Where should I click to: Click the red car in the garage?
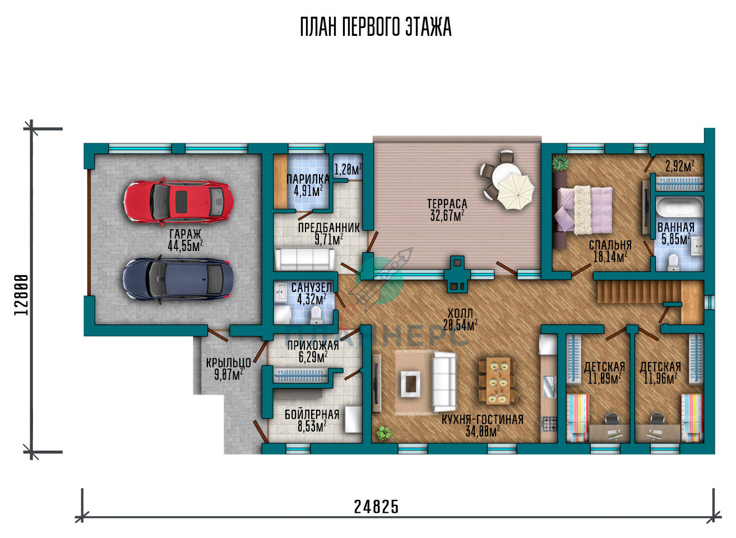(x=178, y=201)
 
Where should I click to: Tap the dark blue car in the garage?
(x=178, y=280)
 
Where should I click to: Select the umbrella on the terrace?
(x=515, y=191)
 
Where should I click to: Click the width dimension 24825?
(x=376, y=507)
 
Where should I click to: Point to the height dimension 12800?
(x=21, y=295)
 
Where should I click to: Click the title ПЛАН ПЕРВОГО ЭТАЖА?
(x=376, y=27)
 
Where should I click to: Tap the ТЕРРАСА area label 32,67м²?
(x=447, y=215)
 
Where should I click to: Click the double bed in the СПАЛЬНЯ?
(x=583, y=210)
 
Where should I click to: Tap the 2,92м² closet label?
(x=680, y=166)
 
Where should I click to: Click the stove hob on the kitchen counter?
(x=549, y=424)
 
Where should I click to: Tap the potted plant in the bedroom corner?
(x=560, y=163)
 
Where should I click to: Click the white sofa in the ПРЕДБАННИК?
(x=304, y=259)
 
